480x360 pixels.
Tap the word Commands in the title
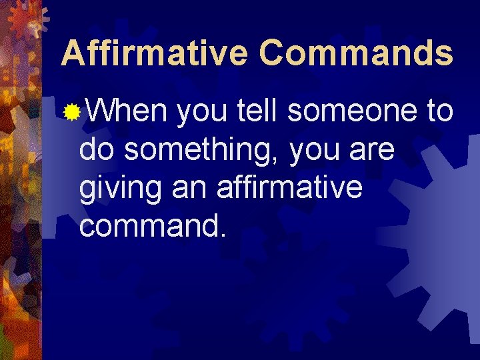(356, 53)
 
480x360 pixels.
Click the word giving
(120, 190)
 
